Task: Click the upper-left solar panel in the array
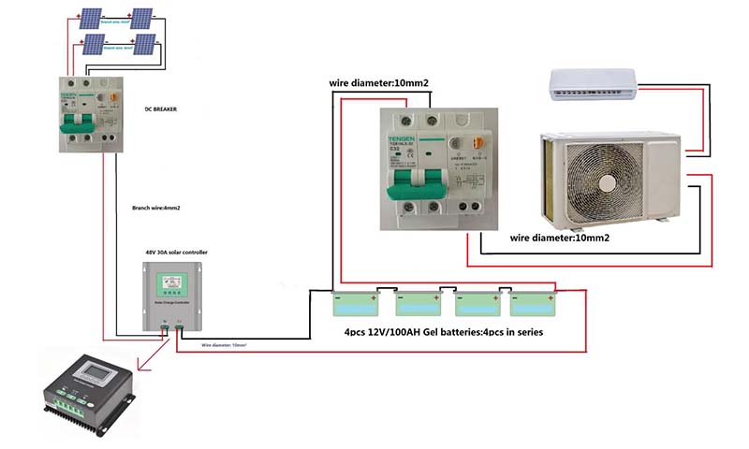(91, 19)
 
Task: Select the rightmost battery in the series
(535, 304)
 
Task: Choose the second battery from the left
(417, 304)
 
